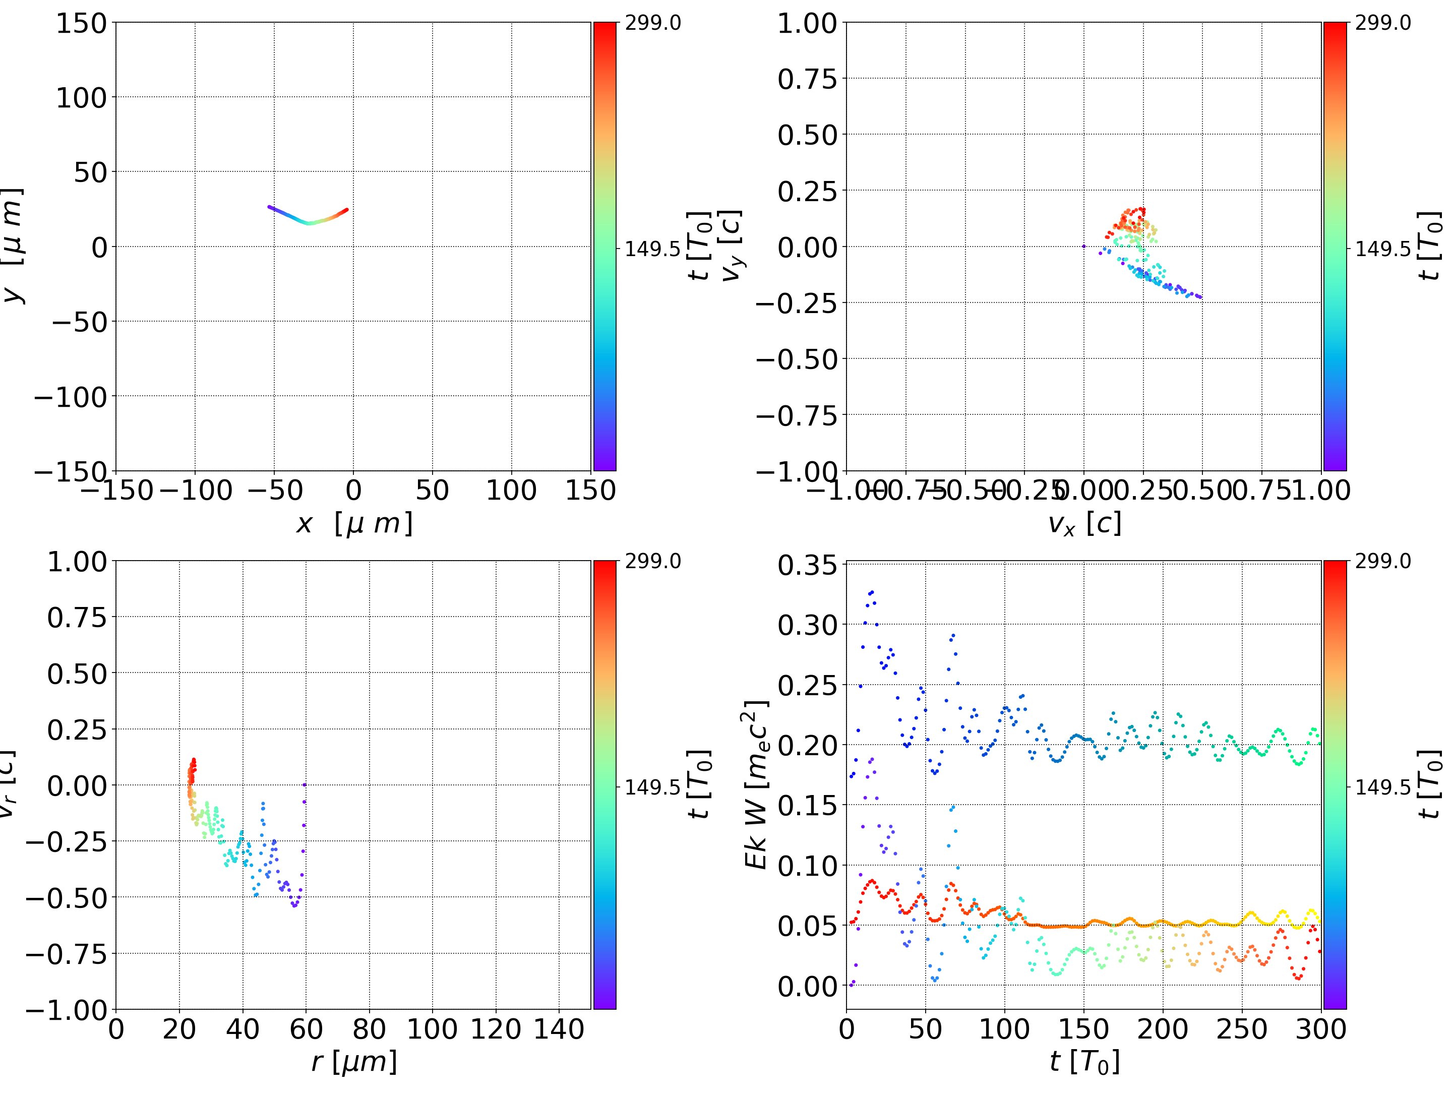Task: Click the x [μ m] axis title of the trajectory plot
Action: click(x=354, y=523)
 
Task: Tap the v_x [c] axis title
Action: click(x=1084, y=523)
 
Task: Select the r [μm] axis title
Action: click(x=354, y=1062)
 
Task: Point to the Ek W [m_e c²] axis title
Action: click(x=756, y=784)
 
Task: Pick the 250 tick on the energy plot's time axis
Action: click(x=1241, y=1029)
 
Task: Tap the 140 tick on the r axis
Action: click(x=559, y=1029)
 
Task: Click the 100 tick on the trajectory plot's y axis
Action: click(x=81, y=98)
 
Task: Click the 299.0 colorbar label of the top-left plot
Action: click(x=652, y=23)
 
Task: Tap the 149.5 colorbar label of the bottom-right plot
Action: click(x=1382, y=787)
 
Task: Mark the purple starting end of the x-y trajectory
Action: click(x=269, y=207)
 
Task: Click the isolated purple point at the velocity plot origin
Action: click(x=1084, y=246)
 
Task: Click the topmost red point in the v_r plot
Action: click(x=194, y=760)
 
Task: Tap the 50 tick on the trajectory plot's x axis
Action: click(x=432, y=491)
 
